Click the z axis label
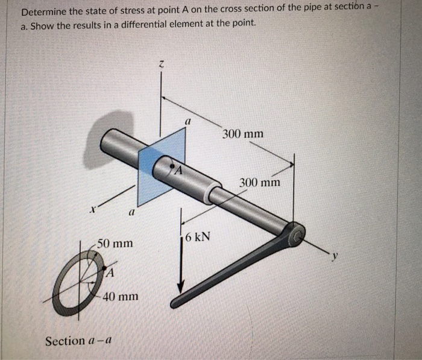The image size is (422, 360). [x=161, y=63]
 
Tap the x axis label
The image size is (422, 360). [x=93, y=210]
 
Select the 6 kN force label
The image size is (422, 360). [x=198, y=236]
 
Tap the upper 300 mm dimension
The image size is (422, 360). [x=242, y=133]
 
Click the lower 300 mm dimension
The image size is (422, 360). [x=260, y=182]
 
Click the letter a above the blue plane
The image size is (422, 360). [x=187, y=121]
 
